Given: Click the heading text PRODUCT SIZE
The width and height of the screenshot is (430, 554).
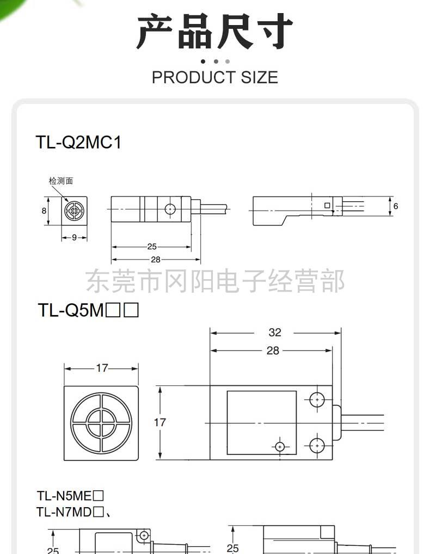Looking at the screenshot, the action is [x=215, y=77].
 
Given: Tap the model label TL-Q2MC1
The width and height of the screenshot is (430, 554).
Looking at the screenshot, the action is [x=78, y=143].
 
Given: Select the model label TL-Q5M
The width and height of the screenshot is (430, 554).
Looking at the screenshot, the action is [x=71, y=310].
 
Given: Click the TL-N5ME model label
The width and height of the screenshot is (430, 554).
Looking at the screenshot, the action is [x=64, y=496].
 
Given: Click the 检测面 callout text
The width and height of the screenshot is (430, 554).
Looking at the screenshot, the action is [x=61, y=181].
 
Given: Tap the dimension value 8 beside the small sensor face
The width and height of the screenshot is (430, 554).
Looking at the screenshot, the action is [x=44, y=211].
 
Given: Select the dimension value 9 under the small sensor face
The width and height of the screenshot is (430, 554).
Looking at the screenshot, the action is [x=74, y=237].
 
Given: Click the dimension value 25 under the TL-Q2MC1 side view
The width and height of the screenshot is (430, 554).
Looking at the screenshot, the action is [x=152, y=247].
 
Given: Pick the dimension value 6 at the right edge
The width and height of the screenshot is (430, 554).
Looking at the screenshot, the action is [x=396, y=206].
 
